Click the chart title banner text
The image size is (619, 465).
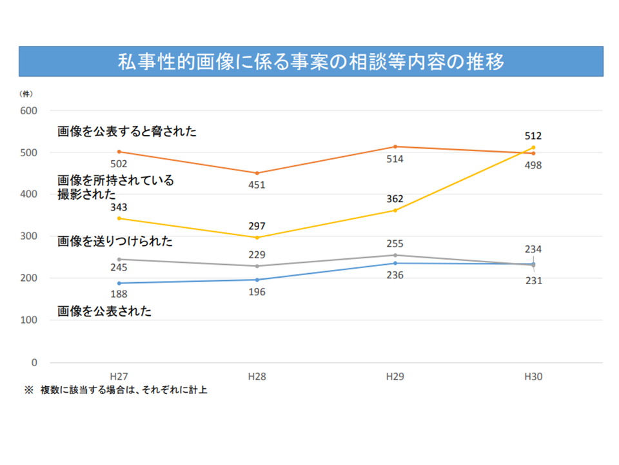310,62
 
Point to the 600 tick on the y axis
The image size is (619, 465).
29,110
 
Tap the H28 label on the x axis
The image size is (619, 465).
257,377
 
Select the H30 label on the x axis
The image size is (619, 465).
533,377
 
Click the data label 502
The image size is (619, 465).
119,164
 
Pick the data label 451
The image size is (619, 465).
257,185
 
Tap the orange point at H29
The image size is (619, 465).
395,147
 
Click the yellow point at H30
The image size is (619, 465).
533,148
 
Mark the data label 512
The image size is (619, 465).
533,136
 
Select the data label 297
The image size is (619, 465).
257,226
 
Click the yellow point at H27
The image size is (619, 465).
119,218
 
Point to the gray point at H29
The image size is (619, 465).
395,255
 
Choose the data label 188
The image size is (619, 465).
119,295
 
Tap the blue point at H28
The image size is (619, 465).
257,280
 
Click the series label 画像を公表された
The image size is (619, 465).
104,311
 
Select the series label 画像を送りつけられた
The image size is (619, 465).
115,242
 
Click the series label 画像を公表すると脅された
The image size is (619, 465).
126,132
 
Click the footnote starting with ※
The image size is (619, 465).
116,390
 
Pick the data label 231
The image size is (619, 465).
533,281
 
